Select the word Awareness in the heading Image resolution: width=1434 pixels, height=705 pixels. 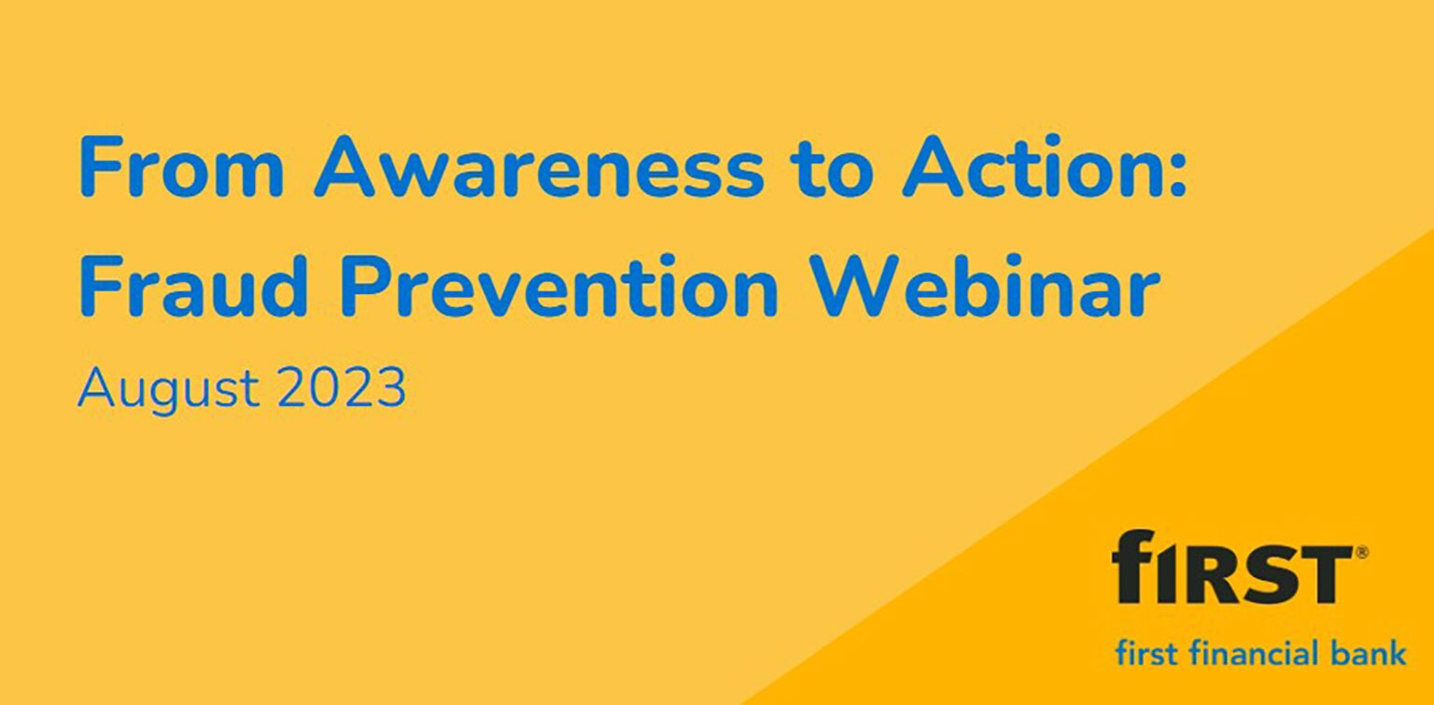[539, 169]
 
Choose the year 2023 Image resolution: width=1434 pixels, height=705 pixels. [342, 388]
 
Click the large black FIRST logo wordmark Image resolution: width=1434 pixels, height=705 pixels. [1230, 567]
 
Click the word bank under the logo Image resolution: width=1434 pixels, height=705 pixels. [1370, 652]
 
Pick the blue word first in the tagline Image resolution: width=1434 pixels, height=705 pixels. [1146, 652]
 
